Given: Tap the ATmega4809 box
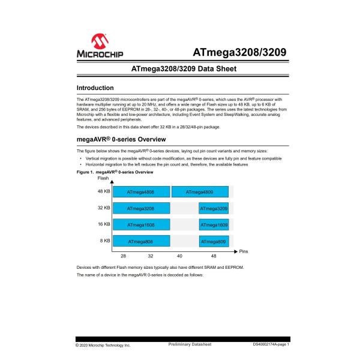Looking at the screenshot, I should tap(201, 192).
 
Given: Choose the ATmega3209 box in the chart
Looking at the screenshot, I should tap(214, 209).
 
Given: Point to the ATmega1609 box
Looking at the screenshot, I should tap(214, 225).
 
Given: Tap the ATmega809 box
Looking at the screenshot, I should tap(214, 241).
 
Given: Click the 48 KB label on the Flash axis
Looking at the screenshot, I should tap(104, 191).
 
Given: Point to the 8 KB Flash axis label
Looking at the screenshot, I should tap(105, 241).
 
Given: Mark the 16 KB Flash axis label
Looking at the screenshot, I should tap(104, 224).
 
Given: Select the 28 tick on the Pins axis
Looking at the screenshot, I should tap(124, 256).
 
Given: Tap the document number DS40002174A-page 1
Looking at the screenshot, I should tap(271, 345).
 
